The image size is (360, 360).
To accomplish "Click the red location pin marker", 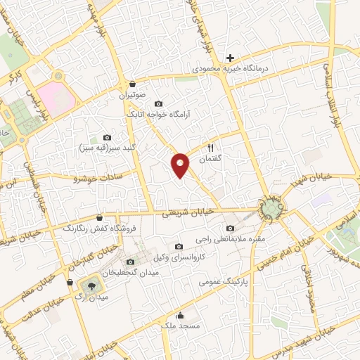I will (181, 165).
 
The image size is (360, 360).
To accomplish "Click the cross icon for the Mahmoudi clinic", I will (230, 57).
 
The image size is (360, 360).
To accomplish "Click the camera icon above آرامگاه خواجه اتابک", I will (157, 103).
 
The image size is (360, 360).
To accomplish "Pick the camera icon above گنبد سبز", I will (107, 138).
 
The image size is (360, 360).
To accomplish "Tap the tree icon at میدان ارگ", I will (89, 285).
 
